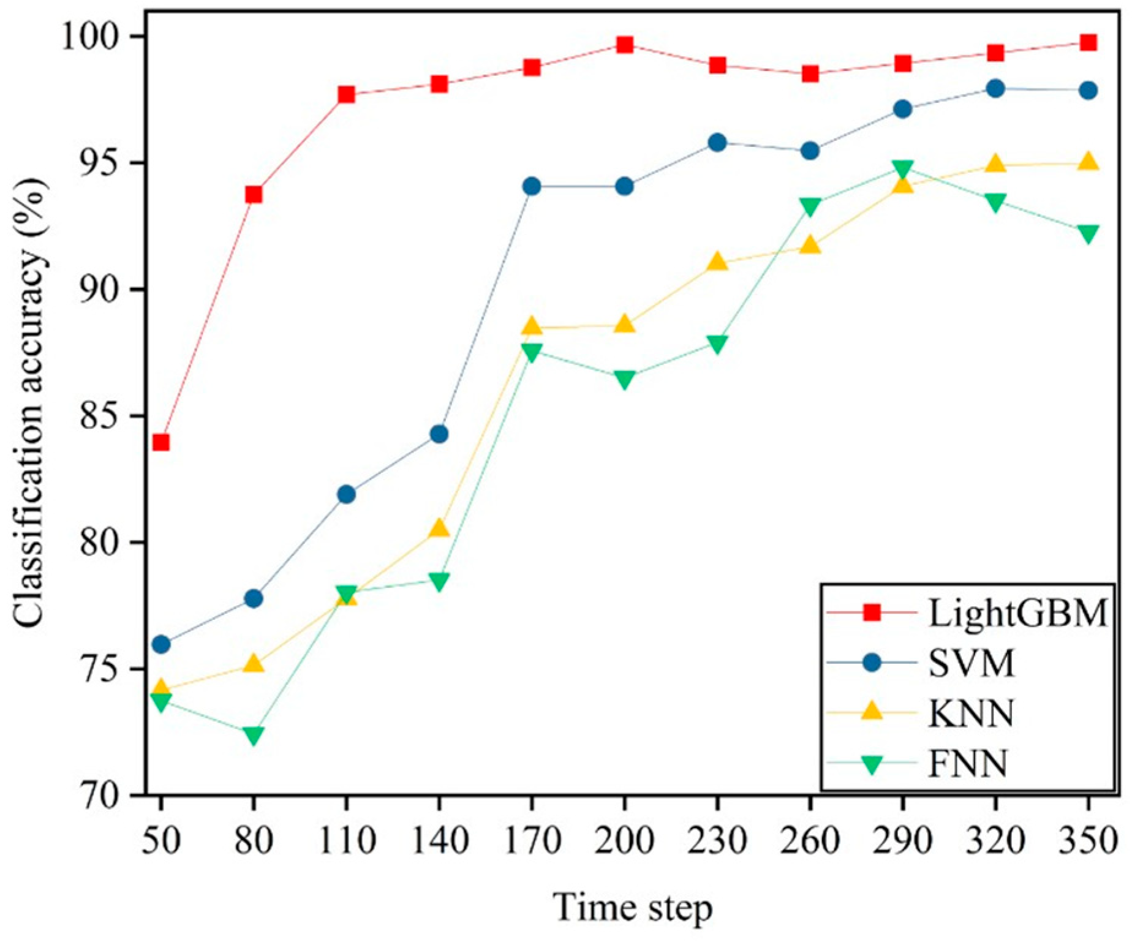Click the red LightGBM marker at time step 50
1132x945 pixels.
tap(161, 442)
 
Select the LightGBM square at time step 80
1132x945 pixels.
tap(254, 195)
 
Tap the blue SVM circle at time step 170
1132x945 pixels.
tap(532, 186)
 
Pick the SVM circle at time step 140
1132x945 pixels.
tap(439, 434)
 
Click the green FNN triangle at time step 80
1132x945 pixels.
tap(254, 734)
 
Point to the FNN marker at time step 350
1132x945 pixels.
tap(1088, 233)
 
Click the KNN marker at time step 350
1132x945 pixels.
tap(1088, 162)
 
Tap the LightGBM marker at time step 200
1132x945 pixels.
tap(625, 45)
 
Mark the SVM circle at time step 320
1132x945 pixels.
tap(995, 89)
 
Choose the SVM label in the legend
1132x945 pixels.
tap(972, 663)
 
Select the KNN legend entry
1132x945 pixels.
tap(972, 713)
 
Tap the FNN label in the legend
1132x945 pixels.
tap(968, 763)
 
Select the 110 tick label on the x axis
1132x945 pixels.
tap(347, 840)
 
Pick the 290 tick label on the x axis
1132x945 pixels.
tap(902, 840)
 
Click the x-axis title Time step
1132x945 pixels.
tap(633, 908)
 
